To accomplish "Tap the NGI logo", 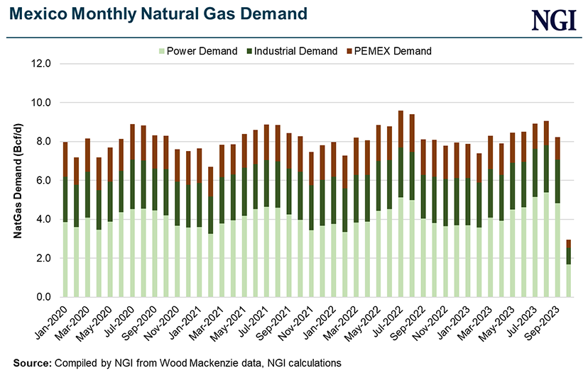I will [x=554, y=19].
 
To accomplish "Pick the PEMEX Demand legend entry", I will [x=388, y=51].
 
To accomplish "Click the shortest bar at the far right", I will [x=569, y=273].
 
